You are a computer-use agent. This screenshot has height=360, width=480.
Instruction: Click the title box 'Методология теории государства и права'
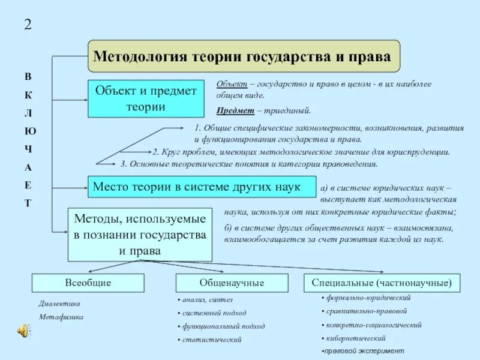244,56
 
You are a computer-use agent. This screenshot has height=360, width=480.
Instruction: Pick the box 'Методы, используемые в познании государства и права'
140,235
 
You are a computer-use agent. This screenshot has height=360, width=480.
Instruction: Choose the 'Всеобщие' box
88,283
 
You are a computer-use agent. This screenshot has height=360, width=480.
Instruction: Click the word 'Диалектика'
59,304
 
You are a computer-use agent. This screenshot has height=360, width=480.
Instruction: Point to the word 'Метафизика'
61,317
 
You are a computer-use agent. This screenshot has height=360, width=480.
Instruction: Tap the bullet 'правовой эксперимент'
364,350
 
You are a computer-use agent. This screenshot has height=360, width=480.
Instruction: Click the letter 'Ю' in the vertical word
28,131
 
